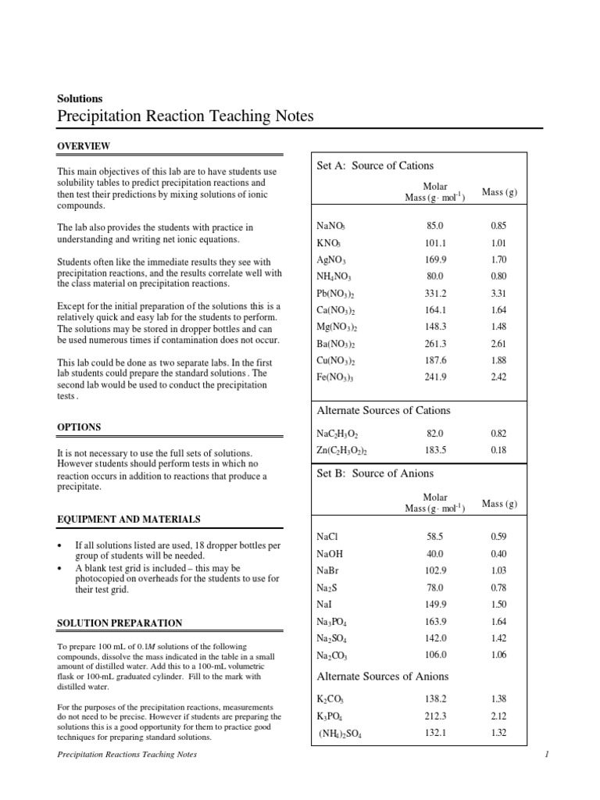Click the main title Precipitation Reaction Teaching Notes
pos(185,116)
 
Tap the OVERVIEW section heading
pos(84,146)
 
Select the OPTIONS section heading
pos(79,427)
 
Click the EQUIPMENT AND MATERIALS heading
pos(129,519)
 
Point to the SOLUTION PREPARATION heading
pos(120,623)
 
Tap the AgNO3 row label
pos(331,259)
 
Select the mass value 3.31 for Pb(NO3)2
pos(498,294)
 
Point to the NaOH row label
pos(331,554)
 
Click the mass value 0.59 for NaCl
pos(498,537)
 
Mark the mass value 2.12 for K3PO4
pos(498,715)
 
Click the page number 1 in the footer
pos(548,755)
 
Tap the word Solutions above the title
pos(80,99)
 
